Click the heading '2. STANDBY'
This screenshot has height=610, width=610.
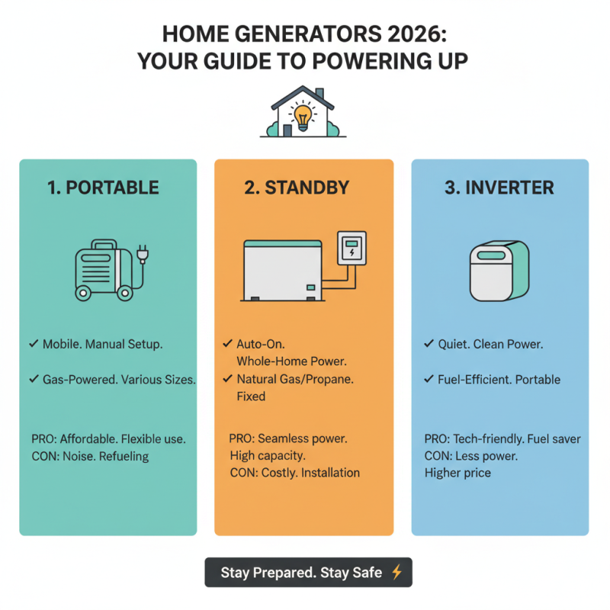click(x=303, y=188)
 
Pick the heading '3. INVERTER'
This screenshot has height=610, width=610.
click(x=499, y=188)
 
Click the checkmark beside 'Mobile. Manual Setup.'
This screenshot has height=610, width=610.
click(x=34, y=345)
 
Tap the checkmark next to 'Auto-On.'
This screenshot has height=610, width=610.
click(x=228, y=344)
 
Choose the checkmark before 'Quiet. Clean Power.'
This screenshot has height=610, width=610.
click(x=429, y=345)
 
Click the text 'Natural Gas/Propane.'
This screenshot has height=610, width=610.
click(x=295, y=379)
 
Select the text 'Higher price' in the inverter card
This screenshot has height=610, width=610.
click(x=457, y=473)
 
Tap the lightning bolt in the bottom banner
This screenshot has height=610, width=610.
click(x=396, y=572)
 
